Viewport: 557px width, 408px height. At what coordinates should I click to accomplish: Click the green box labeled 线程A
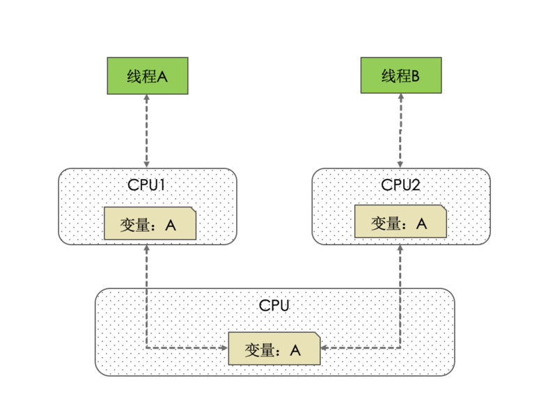(x=147, y=76)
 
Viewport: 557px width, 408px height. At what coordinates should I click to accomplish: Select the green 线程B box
(x=400, y=76)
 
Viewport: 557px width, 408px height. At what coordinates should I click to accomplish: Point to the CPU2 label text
(x=401, y=185)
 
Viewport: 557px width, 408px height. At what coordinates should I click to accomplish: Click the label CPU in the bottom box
(x=274, y=306)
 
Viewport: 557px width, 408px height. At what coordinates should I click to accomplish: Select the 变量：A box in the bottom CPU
(x=274, y=349)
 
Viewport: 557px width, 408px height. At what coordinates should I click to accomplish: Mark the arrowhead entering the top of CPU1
(x=147, y=164)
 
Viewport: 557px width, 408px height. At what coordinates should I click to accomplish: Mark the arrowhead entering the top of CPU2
(x=400, y=164)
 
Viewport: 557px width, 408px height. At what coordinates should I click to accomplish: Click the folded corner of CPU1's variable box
(x=192, y=210)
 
